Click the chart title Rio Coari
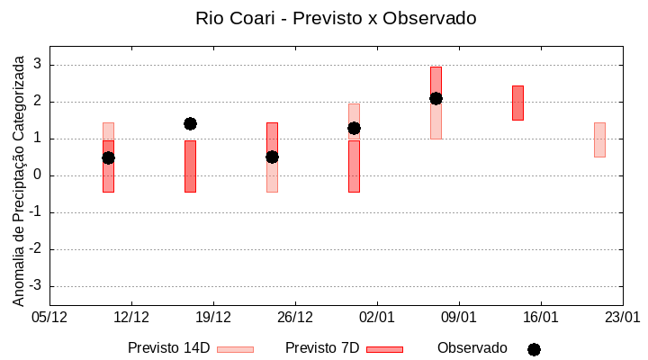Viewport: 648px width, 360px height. click(336, 18)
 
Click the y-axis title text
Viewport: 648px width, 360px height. click(19, 179)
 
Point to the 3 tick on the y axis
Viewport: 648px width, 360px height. click(38, 65)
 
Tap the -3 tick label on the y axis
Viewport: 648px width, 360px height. click(35, 286)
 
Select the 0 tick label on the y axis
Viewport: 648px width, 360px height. click(38, 175)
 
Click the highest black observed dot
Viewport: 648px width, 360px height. click(436, 98)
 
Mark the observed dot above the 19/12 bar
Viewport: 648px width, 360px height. click(190, 123)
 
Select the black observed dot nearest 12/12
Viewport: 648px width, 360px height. click(108, 157)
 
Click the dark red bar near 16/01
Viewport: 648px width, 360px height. click(517, 103)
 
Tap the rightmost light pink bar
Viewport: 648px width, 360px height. click(599, 139)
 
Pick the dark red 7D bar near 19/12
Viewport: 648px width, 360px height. click(190, 166)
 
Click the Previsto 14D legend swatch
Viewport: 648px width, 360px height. click(236, 349)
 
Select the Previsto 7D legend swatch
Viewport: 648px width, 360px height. click(384, 349)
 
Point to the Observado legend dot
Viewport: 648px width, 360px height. click(534, 349)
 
